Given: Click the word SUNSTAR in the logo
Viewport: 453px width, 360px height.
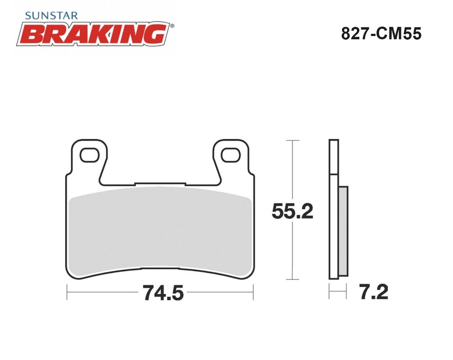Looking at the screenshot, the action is (51, 16).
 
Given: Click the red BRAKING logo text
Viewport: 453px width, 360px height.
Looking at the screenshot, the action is (94, 34).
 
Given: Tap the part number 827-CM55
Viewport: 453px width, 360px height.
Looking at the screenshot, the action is (381, 34).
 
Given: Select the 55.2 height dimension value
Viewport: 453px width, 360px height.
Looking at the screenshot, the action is (293, 211).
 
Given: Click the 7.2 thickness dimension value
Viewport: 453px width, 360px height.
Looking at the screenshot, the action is (373, 292).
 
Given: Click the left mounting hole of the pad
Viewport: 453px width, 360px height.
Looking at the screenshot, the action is (90, 155).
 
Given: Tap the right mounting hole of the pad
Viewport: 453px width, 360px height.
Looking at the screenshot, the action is (231, 155).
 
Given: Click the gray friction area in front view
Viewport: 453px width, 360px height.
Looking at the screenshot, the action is (160, 232).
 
